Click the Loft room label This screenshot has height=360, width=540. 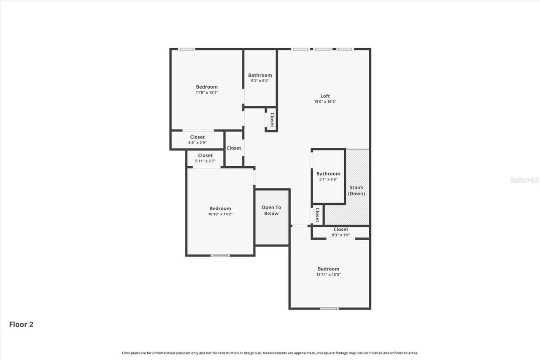(325, 96)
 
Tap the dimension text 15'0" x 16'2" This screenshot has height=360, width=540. (325, 102)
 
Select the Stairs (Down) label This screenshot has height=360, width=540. (356, 190)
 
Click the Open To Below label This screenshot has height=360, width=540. (271, 211)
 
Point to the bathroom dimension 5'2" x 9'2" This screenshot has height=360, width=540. (260, 81)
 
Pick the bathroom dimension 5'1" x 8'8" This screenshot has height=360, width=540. (328, 179)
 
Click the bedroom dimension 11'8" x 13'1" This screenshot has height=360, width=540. (207, 92)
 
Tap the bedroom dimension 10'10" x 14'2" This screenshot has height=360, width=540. (220, 214)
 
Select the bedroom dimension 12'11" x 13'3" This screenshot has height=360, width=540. (328, 274)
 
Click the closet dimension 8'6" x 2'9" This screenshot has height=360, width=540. (197, 143)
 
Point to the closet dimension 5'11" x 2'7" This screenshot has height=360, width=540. (205, 161)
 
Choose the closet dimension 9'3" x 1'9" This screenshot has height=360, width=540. (341, 235)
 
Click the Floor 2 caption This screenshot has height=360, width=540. (21, 324)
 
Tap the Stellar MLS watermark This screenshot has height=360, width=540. (524, 180)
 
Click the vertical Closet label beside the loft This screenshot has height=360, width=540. (272, 120)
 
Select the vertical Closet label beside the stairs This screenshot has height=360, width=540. (317, 214)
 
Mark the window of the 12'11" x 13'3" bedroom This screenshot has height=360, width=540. (329, 309)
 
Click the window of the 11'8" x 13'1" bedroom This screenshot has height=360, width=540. (186, 49)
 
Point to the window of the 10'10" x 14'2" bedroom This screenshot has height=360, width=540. (220, 255)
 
